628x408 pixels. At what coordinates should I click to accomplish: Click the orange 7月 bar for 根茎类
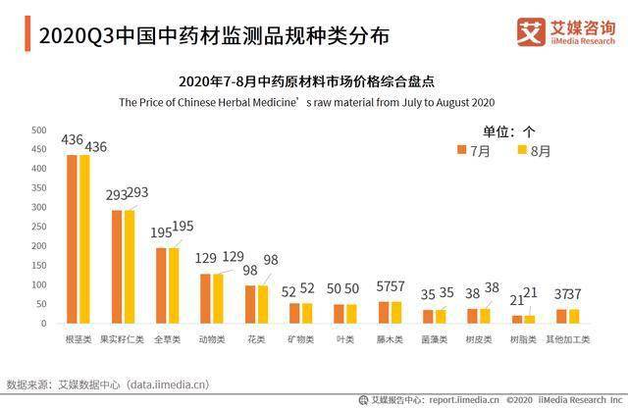72,239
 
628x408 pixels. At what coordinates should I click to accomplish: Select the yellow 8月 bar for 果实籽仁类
130,267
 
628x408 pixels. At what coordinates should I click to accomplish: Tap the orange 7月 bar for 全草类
161,285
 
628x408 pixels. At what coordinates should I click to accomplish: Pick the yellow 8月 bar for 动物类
218,299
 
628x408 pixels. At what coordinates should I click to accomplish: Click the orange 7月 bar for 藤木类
384,313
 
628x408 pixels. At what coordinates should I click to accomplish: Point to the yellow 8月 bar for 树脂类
530,320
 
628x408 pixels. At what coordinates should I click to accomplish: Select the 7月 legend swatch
461,150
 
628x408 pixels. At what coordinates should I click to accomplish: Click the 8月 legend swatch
522,150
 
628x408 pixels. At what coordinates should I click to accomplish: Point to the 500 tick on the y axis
39,130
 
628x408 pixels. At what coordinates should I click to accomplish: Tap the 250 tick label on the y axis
39,227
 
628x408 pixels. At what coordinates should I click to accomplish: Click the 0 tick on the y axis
43,324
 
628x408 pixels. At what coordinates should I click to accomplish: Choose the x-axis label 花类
256,339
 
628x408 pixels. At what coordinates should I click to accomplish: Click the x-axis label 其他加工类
568,339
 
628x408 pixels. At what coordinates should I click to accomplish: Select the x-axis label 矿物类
301,339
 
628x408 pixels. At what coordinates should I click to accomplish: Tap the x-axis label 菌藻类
434,339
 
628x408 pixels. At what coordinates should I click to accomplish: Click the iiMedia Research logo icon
531,31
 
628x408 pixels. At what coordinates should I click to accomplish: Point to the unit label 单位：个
508,131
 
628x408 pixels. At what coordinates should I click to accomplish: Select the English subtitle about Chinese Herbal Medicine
306,103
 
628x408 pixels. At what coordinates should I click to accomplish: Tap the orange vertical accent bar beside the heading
27,33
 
